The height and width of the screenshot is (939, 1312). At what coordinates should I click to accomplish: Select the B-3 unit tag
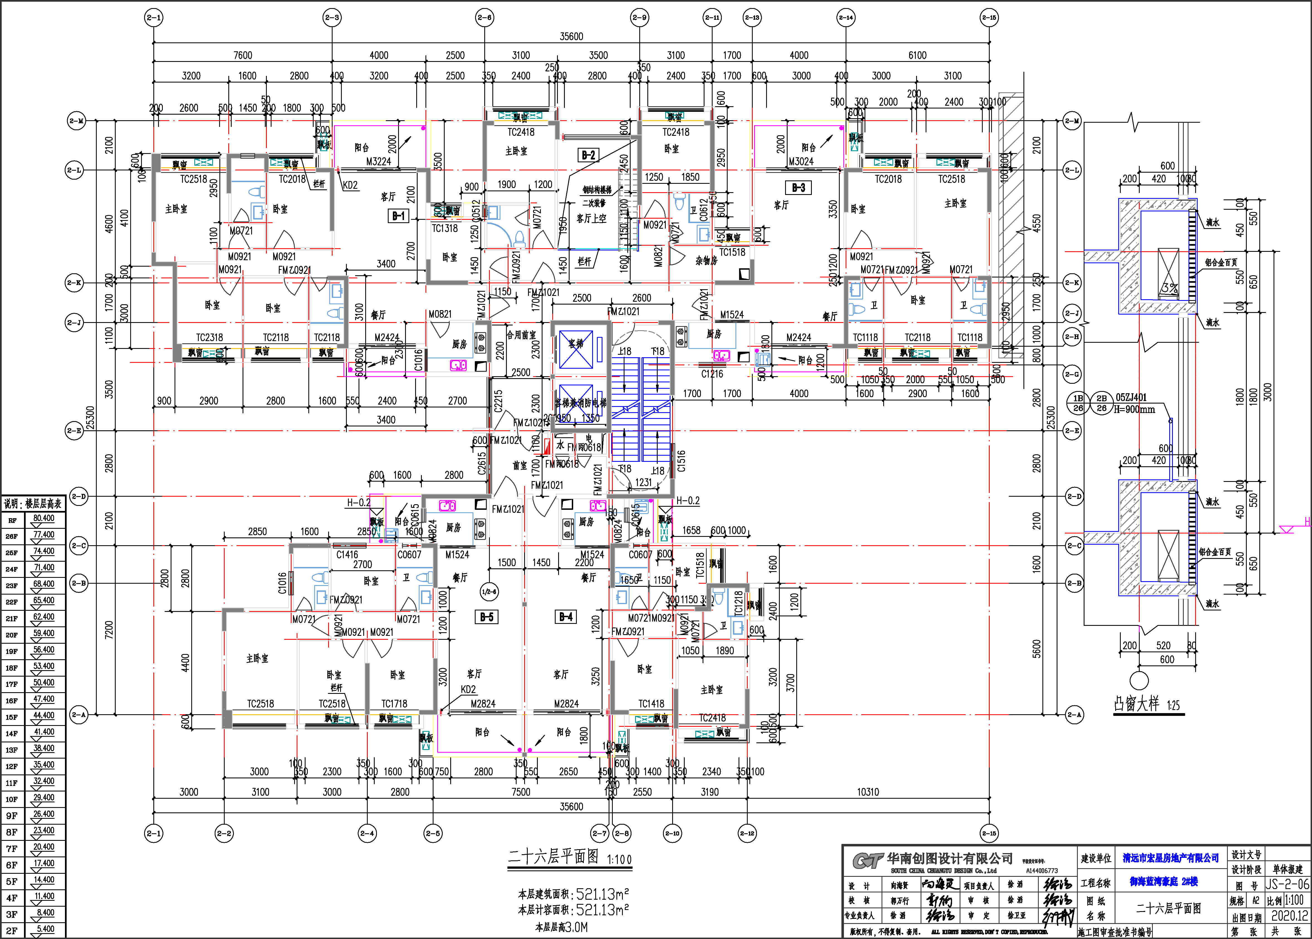click(x=798, y=187)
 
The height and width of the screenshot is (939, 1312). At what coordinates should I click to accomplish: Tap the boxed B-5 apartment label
click(x=487, y=617)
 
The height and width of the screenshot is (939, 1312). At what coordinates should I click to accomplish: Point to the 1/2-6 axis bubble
click(x=489, y=592)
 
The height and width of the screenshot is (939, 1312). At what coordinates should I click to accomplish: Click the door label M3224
click(x=379, y=161)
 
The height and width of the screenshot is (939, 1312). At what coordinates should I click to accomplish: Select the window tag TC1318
click(x=444, y=228)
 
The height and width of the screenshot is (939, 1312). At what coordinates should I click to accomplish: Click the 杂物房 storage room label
click(x=706, y=261)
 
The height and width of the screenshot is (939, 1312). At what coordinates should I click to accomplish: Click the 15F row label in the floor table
click(x=11, y=717)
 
